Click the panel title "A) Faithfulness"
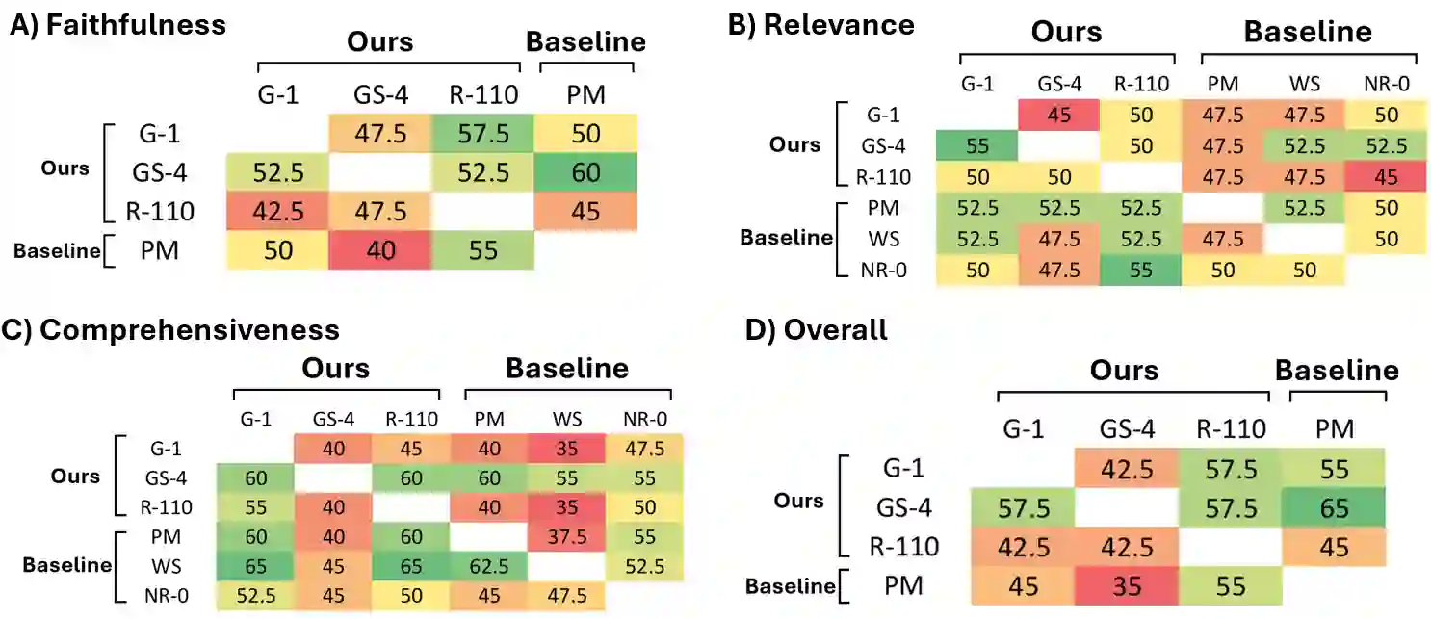pyautogui.click(x=117, y=24)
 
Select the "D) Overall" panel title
pyautogui.click(x=818, y=330)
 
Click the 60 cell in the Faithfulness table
pyautogui.click(x=587, y=173)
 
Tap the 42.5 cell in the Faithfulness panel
pyautogui.click(x=277, y=212)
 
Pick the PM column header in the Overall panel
pyautogui.click(x=1334, y=428)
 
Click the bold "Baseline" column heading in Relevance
pyautogui.click(x=1307, y=32)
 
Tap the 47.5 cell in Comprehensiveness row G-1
pyautogui.click(x=643, y=448)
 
